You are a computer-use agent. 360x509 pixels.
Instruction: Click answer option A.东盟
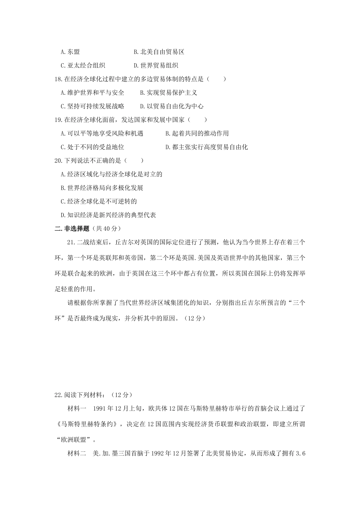(x=70, y=52)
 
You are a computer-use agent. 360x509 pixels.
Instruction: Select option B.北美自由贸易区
(x=159, y=52)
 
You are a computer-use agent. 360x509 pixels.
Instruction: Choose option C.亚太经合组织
(x=83, y=66)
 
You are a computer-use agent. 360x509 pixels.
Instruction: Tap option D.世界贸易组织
(x=156, y=66)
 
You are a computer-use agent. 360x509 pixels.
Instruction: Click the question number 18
(x=58, y=79)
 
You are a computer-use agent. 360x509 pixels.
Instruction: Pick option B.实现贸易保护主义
(x=168, y=93)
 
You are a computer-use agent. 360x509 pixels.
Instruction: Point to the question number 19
(x=58, y=120)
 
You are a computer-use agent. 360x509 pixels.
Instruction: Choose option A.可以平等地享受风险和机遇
(x=102, y=134)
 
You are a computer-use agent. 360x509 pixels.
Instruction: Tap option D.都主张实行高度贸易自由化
(x=206, y=147)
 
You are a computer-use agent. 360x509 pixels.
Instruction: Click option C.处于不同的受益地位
(x=92, y=147)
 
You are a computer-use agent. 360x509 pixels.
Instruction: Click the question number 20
(x=58, y=161)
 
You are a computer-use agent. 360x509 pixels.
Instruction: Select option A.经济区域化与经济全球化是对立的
(x=111, y=175)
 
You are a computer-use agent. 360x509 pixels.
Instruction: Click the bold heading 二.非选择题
(x=73, y=228)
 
